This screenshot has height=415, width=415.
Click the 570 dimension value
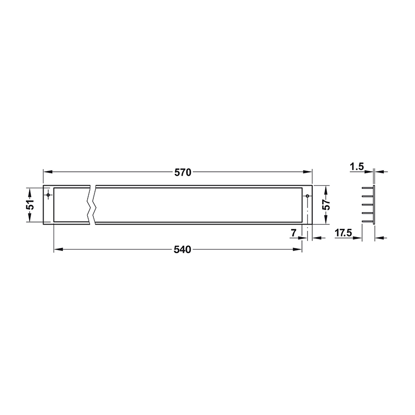click(183, 173)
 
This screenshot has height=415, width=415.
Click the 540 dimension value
click(183, 250)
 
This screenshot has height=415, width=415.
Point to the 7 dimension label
click(294, 233)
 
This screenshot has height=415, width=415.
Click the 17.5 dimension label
click(343, 233)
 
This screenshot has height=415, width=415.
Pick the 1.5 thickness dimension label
click(357, 167)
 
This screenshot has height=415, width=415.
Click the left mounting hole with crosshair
click(48, 195)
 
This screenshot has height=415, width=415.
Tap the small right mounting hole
click(307, 196)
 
